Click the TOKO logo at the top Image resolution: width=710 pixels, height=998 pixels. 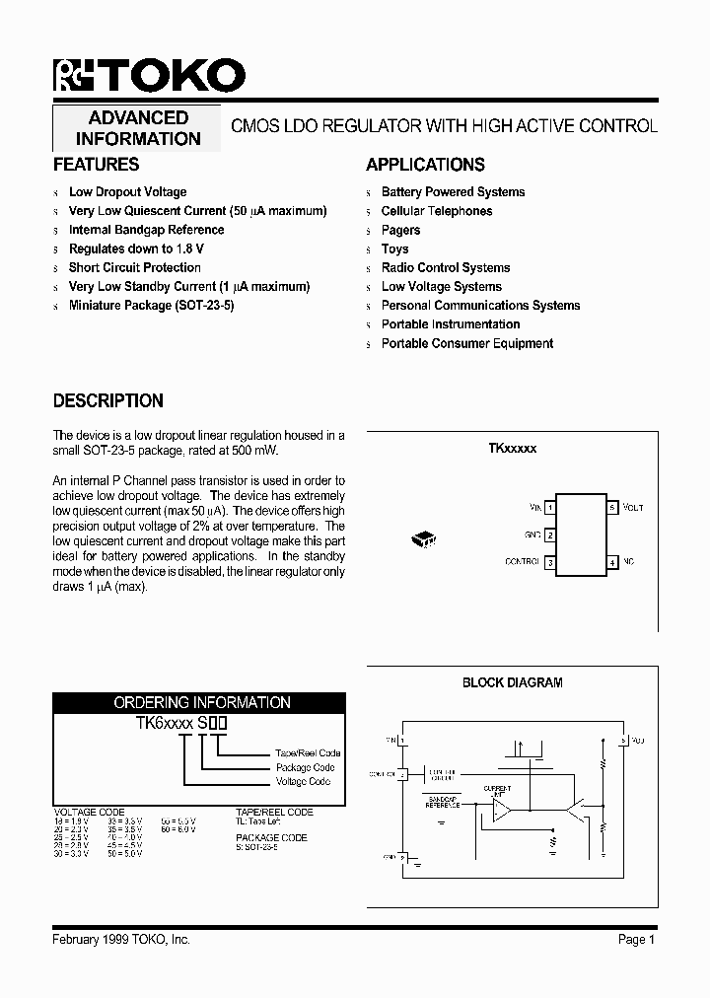(x=149, y=76)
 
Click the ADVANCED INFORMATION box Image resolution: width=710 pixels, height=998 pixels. (x=138, y=128)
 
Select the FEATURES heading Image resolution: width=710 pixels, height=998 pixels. (x=96, y=165)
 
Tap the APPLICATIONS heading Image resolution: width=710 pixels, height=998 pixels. (x=425, y=165)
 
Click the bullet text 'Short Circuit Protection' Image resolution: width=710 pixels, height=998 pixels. (x=134, y=267)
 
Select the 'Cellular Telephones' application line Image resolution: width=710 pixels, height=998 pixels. (x=436, y=211)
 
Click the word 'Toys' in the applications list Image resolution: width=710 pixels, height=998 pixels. (x=394, y=249)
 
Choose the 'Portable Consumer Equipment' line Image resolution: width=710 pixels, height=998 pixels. (x=466, y=343)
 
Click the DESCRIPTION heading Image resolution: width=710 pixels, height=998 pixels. (x=107, y=401)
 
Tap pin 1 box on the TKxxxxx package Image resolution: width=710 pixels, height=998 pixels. (x=550, y=508)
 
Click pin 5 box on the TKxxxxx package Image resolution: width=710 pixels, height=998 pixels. (x=612, y=508)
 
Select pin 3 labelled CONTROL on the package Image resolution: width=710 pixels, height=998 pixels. (x=550, y=562)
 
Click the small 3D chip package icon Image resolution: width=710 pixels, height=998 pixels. (x=423, y=538)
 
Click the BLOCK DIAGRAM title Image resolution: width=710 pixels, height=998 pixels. (x=512, y=682)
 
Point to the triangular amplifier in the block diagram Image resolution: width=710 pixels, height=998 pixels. (x=502, y=811)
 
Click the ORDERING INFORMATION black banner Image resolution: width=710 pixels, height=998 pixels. (x=201, y=703)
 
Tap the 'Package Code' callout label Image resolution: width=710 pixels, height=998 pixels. (x=305, y=767)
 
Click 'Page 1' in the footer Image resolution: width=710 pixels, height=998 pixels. (x=636, y=940)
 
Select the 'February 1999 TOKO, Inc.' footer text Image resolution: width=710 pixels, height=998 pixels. (x=120, y=940)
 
